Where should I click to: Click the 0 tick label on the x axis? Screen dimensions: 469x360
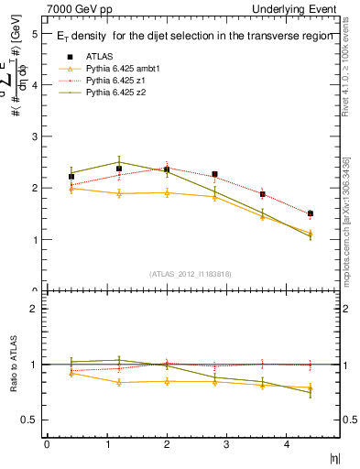click(47, 443)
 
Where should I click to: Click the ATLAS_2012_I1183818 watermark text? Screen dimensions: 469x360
click(191, 273)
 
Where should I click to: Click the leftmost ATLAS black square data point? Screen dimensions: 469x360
click(71, 176)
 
